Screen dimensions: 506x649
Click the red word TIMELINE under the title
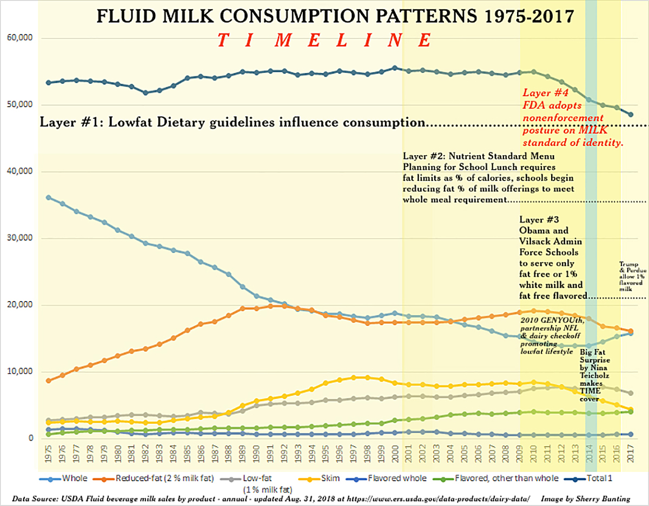[325, 41]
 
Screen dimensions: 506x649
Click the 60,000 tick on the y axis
[19, 38]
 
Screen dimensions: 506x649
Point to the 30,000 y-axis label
[19, 238]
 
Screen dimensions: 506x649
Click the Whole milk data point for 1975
[49, 197]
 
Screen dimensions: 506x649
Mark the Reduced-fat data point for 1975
[49, 381]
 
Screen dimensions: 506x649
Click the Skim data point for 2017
[631, 410]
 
